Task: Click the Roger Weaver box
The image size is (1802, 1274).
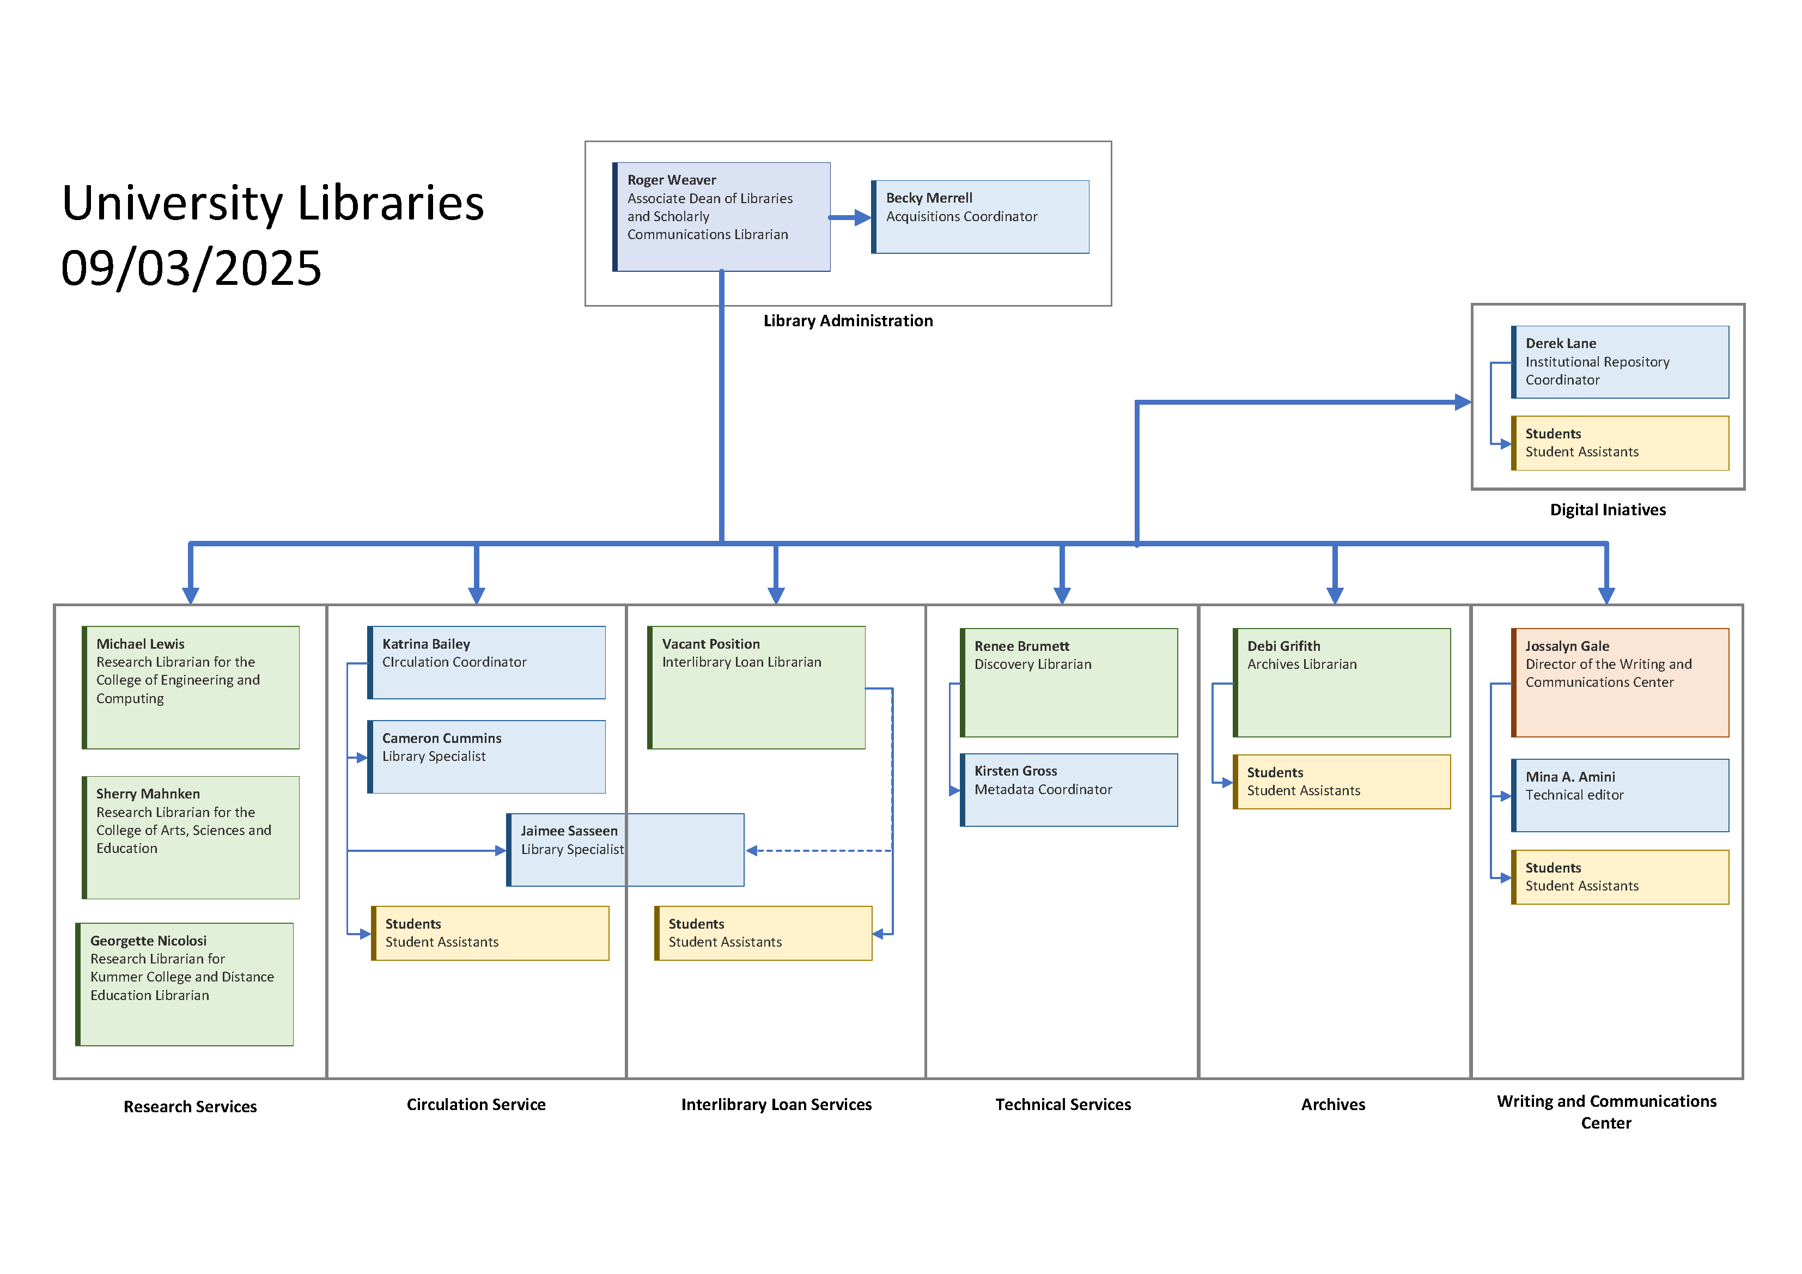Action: pos(721,217)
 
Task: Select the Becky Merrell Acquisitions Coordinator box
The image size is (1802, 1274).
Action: pos(981,217)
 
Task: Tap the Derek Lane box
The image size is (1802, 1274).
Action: pos(1620,362)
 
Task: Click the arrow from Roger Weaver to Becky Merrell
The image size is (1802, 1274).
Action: pos(850,217)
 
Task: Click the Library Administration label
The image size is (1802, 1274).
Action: pos(848,320)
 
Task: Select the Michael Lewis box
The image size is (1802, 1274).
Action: pos(191,687)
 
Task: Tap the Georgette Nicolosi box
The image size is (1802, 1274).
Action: pos(185,984)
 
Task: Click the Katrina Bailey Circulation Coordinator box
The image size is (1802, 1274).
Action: pos(486,662)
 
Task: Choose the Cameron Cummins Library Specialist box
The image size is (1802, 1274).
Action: pos(486,756)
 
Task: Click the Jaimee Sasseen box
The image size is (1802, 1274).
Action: pos(625,849)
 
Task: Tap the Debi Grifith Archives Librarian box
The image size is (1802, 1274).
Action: pos(1341,682)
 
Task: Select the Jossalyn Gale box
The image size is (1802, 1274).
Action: pos(1620,682)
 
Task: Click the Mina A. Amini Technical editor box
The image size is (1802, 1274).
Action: pos(1620,794)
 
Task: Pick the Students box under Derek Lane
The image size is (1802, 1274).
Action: pos(1620,443)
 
